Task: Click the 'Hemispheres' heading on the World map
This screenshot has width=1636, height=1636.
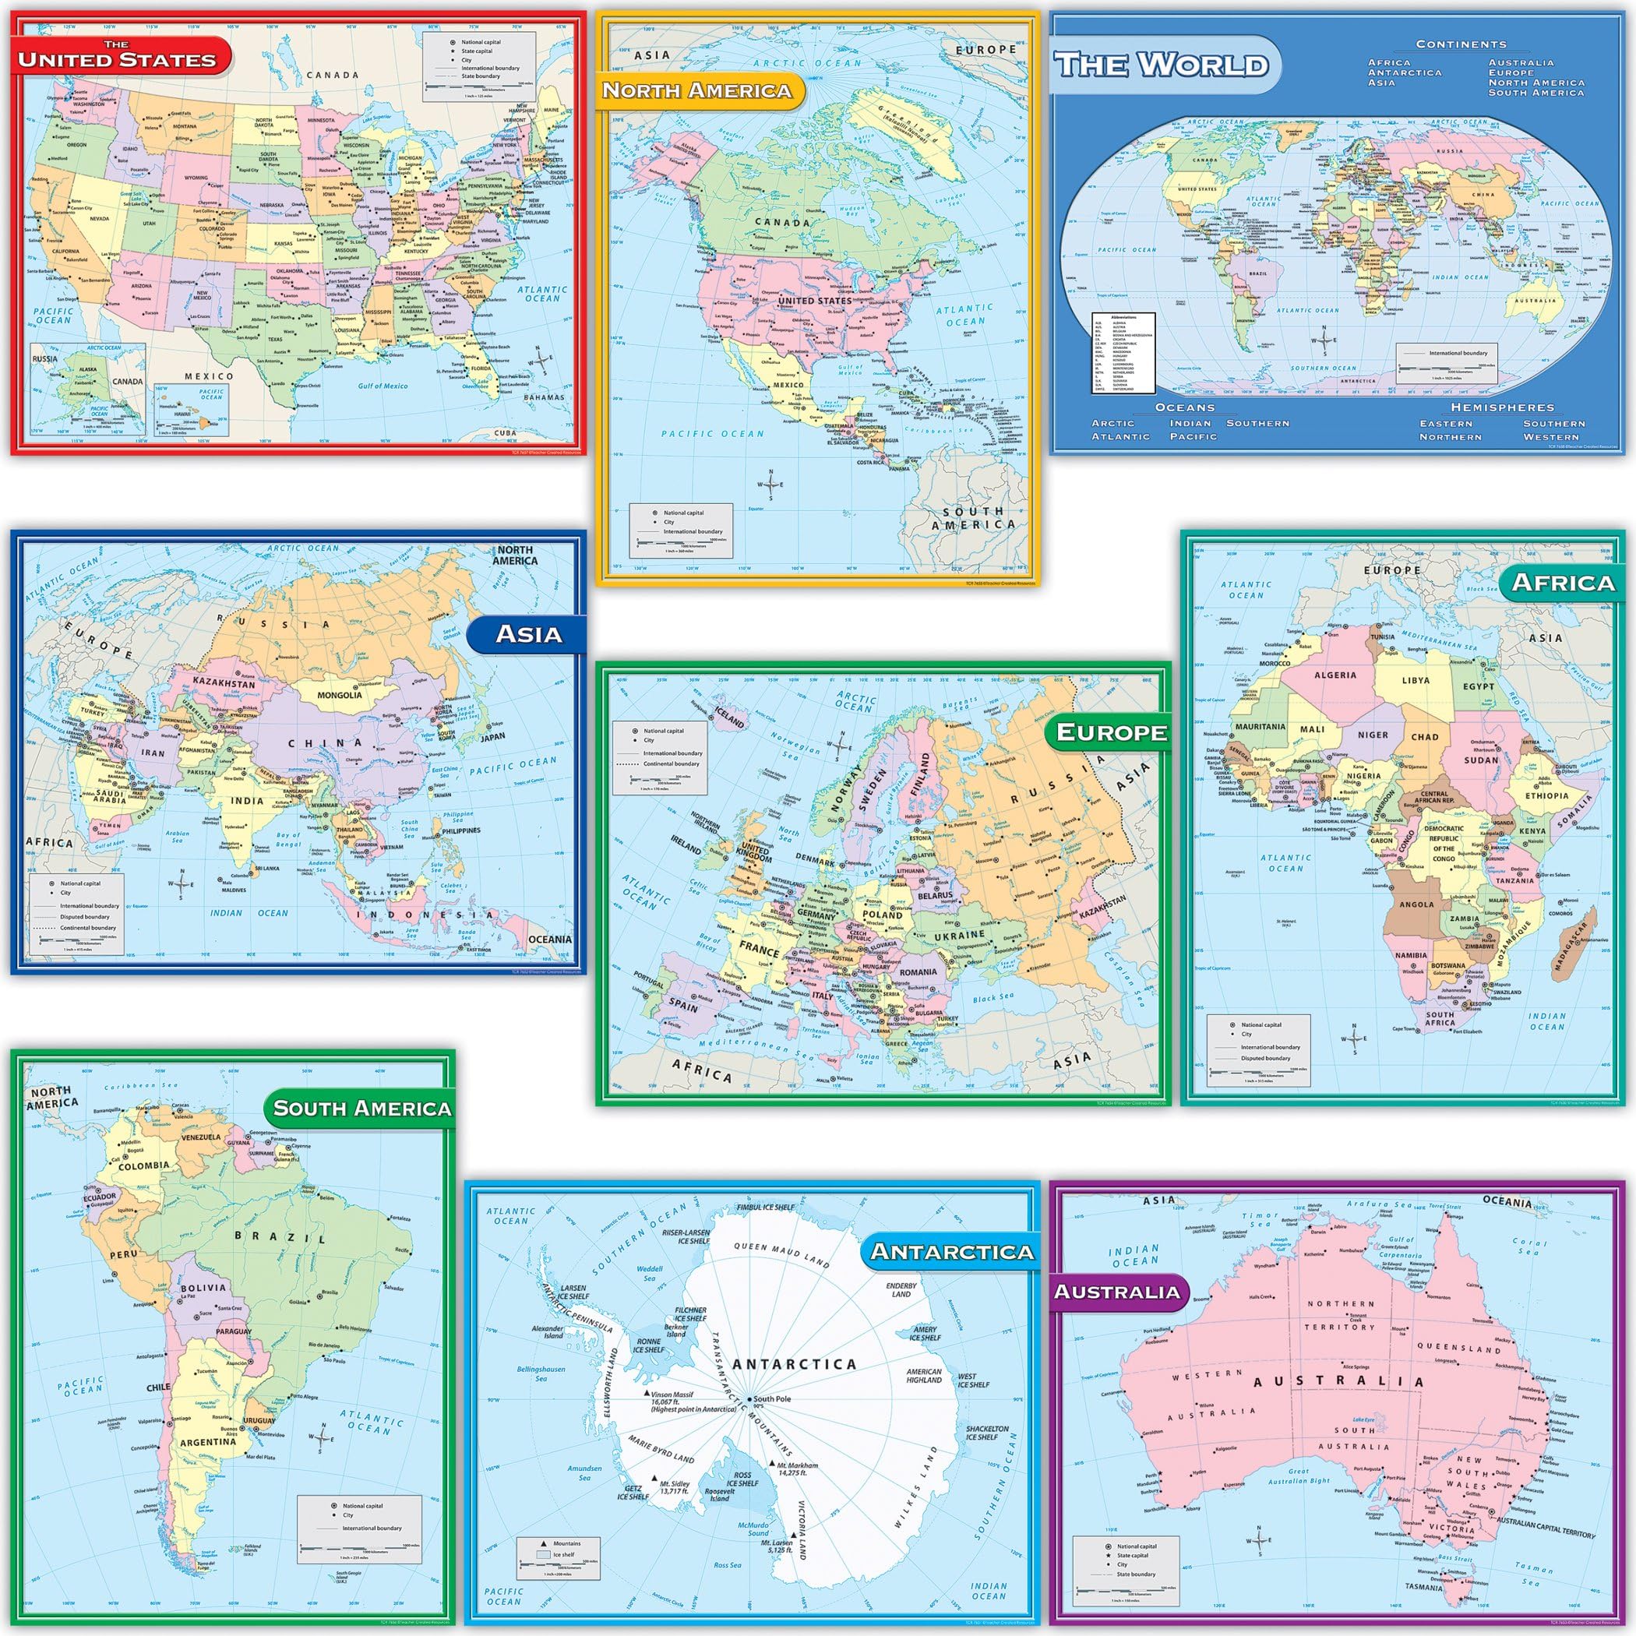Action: pos(1502,407)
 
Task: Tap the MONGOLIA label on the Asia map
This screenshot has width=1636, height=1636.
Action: pos(339,695)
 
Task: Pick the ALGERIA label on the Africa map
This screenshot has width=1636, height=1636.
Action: pos(1335,675)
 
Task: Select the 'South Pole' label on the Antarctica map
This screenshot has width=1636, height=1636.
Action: pos(771,1399)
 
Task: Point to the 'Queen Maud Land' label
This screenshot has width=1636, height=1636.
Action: pos(781,1253)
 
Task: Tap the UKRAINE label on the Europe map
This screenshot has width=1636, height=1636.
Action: pos(960,935)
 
